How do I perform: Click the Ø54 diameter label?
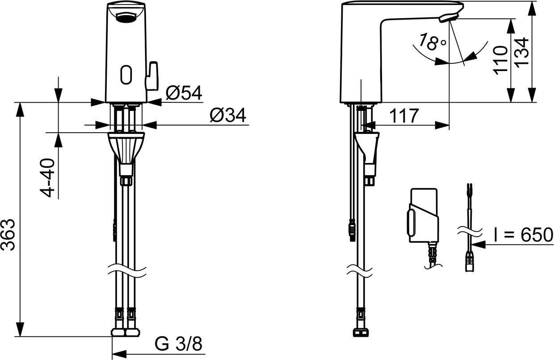184,92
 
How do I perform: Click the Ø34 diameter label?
227,116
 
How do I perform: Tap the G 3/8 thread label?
178,344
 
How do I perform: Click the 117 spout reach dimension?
403,116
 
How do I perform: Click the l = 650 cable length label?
523,235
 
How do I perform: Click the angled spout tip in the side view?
448,17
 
